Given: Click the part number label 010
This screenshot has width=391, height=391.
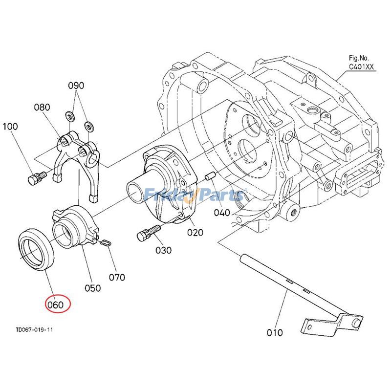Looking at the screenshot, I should [x=275, y=333].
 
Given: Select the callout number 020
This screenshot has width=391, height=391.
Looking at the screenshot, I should [x=195, y=233].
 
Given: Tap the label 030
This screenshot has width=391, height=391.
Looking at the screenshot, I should [x=163, y=250].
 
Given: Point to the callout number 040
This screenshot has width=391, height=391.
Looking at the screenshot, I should [x=222, y=213].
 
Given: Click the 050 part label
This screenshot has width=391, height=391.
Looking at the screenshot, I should [x=92, y=288].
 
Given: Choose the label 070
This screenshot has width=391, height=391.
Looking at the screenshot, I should [x=117, y=277].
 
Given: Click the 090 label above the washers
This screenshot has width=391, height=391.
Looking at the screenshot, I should [x=76, y=86].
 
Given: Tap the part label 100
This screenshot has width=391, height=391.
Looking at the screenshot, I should [x=10, y=126].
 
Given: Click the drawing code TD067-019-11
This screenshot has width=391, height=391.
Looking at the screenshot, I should [x=35, y=330].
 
